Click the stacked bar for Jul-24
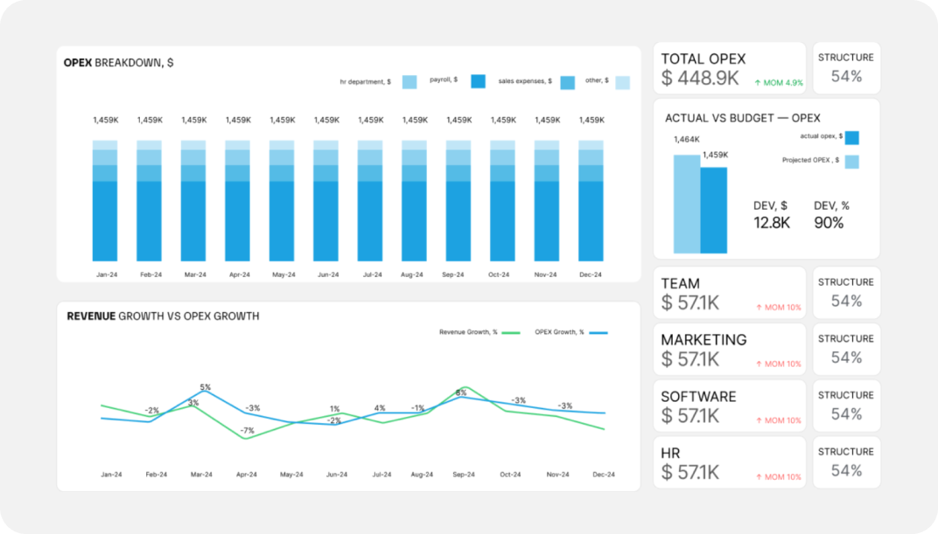coord(370,201)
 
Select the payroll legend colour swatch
coord(478,81)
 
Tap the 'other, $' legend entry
coord(598,80)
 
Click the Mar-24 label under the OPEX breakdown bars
coord(194,274)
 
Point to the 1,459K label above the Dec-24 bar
coord(591,120)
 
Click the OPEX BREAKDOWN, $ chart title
coord(118,63)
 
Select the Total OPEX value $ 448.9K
coord(700,79)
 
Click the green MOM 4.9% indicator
coord(778,83)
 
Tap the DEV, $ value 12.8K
coord(772,223)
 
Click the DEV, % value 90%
coord(829,223)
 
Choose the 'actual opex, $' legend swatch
coord(851,137)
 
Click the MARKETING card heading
coord(703,340)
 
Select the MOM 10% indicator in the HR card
coord(778,477)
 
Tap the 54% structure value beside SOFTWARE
coord(846,413)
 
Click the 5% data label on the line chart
coord(205,387)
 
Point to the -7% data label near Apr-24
coord(248,430)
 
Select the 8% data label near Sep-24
coord(461,393)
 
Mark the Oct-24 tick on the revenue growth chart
coord(510,475)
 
